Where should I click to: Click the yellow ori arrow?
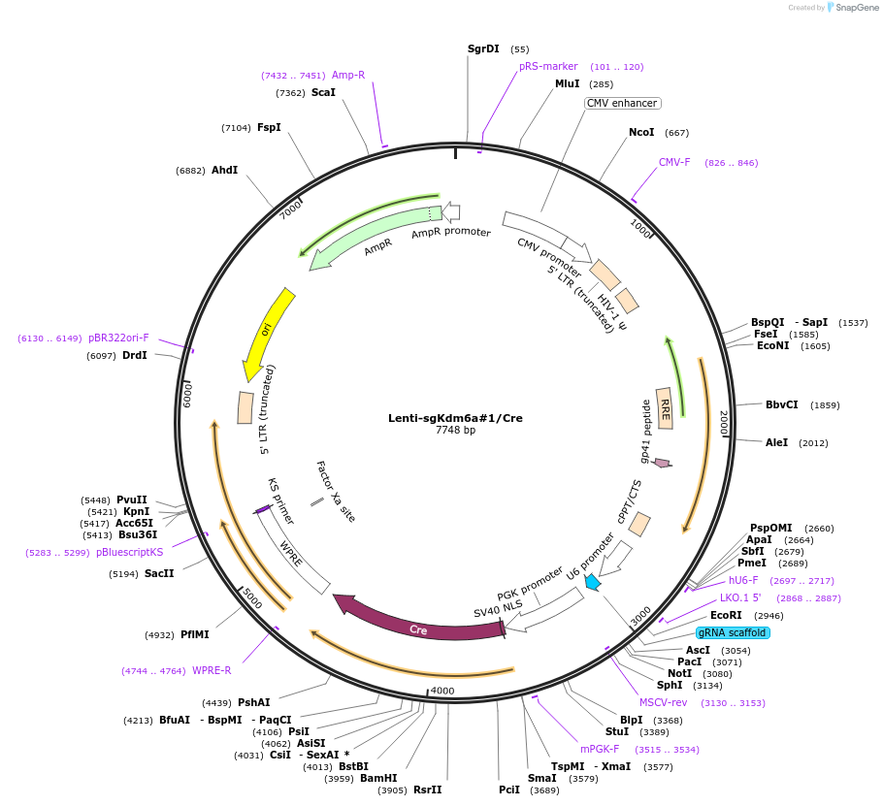(266, 333)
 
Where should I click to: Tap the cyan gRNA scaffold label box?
(733, 632)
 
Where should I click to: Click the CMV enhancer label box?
(622, 103)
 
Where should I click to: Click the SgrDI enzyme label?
(483, 48)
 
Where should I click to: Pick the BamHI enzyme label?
(378, 778)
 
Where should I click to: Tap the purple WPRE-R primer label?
(212, 670)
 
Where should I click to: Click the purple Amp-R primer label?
(348, 75)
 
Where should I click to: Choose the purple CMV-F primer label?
(674, 162)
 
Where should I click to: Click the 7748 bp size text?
(455, 431)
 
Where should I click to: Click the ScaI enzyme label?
(323, 92)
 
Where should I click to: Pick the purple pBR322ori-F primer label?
(118, 338)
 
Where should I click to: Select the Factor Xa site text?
(336, 491)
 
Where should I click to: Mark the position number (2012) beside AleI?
(813, 442)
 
